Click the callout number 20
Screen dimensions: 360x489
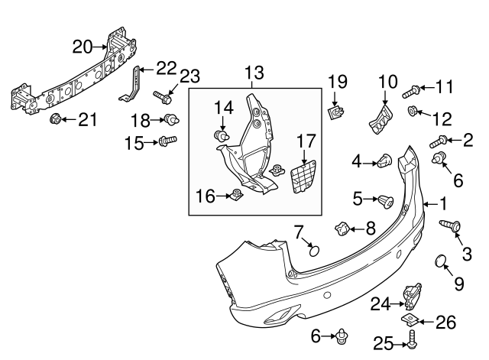pyautogui.click(x=83, y=47)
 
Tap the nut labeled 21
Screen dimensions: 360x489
pyautogui.click(x=56, y=119)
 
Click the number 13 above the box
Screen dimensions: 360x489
pyautogui.click(x=254, y=73)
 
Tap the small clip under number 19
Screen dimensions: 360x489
pyautogui.click(x=335, y=114)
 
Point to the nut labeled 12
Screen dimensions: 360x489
pyautogui.click(x=413, y=112)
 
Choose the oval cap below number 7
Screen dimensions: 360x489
pyautogui.click(x=313, y=249)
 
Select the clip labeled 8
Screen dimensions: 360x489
pyautogui.click(x=342, y=228)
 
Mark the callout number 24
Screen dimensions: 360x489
pyautogui.click(x=381, y=304)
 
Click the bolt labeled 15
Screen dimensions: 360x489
pyautogui.click(x=167, y=141)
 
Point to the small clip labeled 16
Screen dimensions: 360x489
pyautogui.click(x=238, y=196)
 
